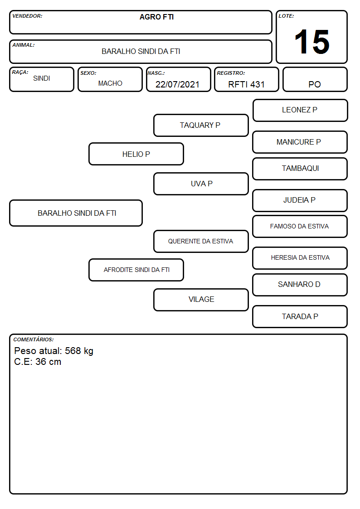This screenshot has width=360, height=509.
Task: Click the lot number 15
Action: coord(312,42)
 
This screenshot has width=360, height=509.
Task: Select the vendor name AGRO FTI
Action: coord(156,17)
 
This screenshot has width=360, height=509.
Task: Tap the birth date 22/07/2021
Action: coord(177,84)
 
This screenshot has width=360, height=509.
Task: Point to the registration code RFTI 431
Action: coord(246,84)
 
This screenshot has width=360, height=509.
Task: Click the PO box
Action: coord(315,79)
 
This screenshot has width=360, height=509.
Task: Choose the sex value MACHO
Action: coord(110,83)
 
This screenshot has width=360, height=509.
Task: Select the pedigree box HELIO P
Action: coord(136,154)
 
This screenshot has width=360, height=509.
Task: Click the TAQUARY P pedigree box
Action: coord(201,125)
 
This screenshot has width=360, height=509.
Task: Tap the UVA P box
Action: coord(201,184)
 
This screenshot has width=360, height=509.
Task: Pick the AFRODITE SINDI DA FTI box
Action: coord(136,270)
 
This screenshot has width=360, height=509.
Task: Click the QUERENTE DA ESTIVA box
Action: coord(201,241)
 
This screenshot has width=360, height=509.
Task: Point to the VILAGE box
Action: coord(201,300)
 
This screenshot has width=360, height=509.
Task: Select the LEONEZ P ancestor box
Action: coord(300,111)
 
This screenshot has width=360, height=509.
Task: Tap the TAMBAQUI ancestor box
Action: coord(300,169)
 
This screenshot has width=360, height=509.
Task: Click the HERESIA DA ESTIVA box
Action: coord(300,258)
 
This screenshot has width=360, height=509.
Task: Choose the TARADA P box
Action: coord(300,316)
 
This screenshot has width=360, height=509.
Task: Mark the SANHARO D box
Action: coord(300,285)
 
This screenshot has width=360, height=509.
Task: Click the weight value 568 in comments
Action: coord(73,350)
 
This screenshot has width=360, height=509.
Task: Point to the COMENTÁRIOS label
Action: coord(34,339)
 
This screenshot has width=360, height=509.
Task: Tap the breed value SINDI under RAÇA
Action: coord(42,78)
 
